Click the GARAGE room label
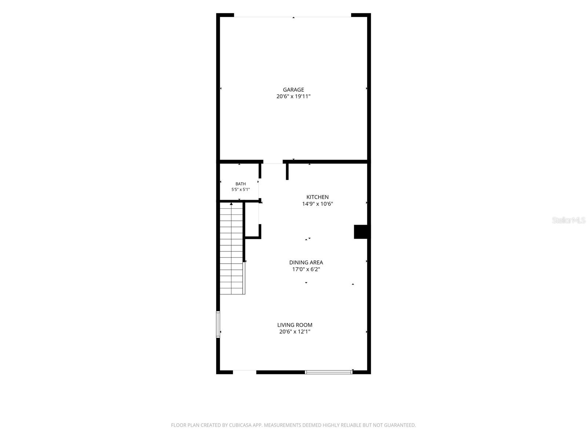click(293, 89)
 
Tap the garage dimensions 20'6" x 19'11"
click(293, 96)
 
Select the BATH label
click(240, 184)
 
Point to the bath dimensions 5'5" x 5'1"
click(240, 190)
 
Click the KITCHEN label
click(317, 197)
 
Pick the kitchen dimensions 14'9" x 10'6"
click(317, 204)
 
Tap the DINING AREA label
click(306, 262)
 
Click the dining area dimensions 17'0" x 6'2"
click(306, 269)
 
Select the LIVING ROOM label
click(295, 325)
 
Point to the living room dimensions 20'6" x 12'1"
click(295, 331)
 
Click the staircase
click(231, 249)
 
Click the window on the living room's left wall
click(218, 324)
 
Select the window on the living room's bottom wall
click(329, 372)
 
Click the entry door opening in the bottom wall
click(244, 371)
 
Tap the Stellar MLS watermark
click(569, 220)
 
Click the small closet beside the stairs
click(252, 220)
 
